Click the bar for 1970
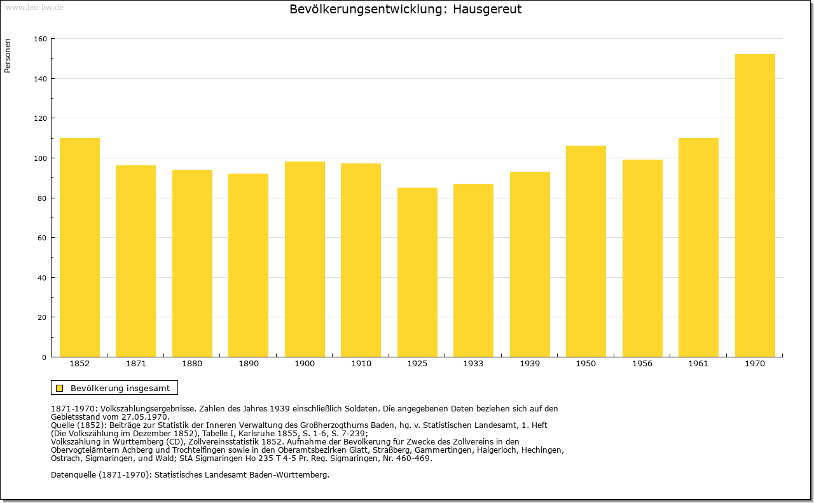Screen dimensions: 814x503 [x=755, y=205]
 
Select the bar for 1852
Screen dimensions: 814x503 [x=79, y=247]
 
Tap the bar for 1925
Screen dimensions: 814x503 [x=417, y=272]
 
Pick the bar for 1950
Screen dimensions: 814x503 [x=586, y=251]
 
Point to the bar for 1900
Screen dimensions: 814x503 [x=305, y=259]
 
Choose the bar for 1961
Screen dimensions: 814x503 [x=698, y=247]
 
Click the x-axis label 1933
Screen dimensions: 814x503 [x=473, y=364]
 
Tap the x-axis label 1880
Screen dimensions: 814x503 [x=192, y=364]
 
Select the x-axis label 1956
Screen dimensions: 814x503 [x=642, y=364]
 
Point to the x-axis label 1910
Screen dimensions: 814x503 [x=361, y=364]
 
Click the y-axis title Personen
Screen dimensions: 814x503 [x=8, y=55]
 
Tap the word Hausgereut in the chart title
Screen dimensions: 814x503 [x=487, y=9]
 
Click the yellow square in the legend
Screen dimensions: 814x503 [x=60, y=388]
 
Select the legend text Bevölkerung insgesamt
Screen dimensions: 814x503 [x=120, y=388]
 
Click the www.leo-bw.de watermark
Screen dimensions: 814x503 [x=34, y=7]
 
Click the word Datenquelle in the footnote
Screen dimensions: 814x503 [x=73, y=475]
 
